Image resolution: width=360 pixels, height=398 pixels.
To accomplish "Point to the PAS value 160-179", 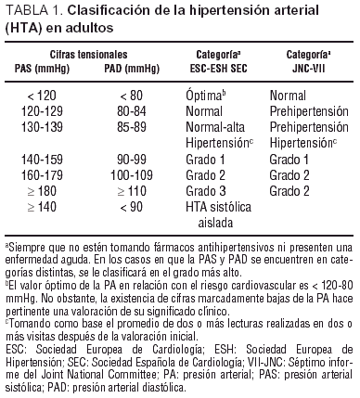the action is point(38,177).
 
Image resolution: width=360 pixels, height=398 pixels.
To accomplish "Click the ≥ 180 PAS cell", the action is point(38,190).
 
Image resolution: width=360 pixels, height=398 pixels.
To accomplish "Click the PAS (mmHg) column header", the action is point(38,68).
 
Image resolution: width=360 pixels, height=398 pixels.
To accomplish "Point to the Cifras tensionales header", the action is point(77,56).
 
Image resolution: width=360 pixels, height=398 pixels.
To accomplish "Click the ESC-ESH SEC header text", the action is point(215,68).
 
